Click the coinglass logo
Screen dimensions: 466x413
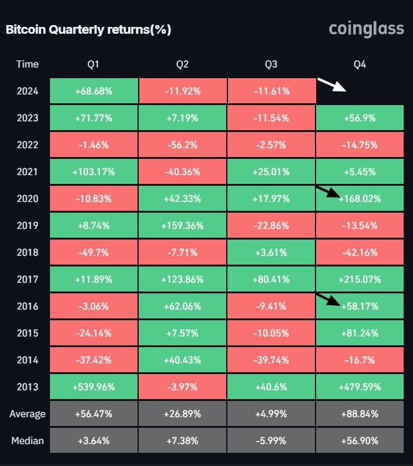pyautogui.click(x=366, y=29)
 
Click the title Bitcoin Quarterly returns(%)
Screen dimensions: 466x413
pyautogui.click(x=88, y=29)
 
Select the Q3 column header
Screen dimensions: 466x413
pyautogui.click(x=272, y=64)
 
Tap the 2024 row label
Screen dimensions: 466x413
pyautogui.click(x=27, y=91)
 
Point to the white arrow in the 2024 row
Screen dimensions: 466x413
pyautogui.click(x=332, y=84)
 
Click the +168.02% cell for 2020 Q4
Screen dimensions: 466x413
pyautogui.click(x=360, y=199)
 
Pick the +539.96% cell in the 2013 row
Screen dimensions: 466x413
pyautogui.click(x=94, y=387)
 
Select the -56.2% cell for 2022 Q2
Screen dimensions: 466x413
pyautogui.click(x=183, y=144)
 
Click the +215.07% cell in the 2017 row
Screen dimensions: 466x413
pyautogui.click(x=360, y=279)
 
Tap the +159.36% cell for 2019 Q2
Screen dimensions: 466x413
pyautogui.click(x=183, y=225)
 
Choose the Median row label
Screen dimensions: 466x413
pyautogui.click(x=27, y=441)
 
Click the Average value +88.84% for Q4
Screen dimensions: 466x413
pyautogui.click(x=360, y=414)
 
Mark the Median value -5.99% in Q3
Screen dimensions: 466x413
pyautogui.click(x=272, y=441)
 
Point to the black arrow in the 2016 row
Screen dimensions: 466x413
pyautogui.click(x=328, y=300)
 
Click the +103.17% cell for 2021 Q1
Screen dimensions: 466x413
pyautogui.click(x=94, y=171)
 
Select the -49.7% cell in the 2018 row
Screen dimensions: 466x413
pyautogui.click(x=94, y=252)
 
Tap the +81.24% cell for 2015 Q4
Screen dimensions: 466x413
pyautogui.click(x=360, y=333)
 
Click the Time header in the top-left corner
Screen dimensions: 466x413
pyautogui.click(x=27, y=64)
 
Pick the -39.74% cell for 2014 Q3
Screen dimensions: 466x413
pyautogui.click(x=272, y=360)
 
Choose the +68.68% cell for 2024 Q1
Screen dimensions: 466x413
pyautogui.click(x=94, y=91)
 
